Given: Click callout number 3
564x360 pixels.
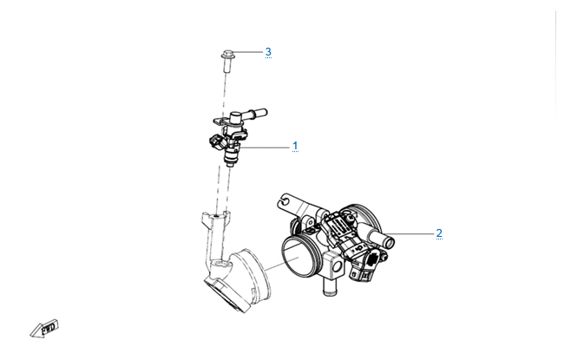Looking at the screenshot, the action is pyautogui.click(x=268, y=52).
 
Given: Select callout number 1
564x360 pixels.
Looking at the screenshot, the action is pyautogui.click(x=295, y=146).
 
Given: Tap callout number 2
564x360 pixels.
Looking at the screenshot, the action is pyautogui.click(x=439, y=233).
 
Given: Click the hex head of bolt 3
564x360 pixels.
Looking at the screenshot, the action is pyautogui.click(x=227, y=55).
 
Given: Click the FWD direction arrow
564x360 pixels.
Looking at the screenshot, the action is pyautogui.click(x=44, y=329).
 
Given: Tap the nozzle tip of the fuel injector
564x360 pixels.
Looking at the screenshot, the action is pyautogui.click(x=229, y=164).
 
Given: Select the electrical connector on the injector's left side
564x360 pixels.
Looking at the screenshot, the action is pyautogui.click(x=214, y=141).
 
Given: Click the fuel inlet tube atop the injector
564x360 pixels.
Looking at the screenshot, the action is pyautogui.click(x=256, y=114).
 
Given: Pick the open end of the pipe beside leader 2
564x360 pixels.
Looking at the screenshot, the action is pyautogui.click(x=390, y=241).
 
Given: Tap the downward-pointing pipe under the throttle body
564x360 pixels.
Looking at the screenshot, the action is pyautogui.click(x=328, y=286).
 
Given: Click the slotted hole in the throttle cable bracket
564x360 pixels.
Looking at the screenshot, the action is pyautogui.click(x=284, y=200).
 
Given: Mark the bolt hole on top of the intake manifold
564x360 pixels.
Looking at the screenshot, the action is pyautogui.click(x=216, y=216).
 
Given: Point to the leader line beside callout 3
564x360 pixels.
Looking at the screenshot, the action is pyautogui.click(x=248, y=52).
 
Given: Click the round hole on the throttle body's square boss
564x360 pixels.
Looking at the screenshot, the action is pyautogui.click(x=337, y=266).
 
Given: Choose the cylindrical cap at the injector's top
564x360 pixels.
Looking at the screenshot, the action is pyautogui.click(x=236, y=118).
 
